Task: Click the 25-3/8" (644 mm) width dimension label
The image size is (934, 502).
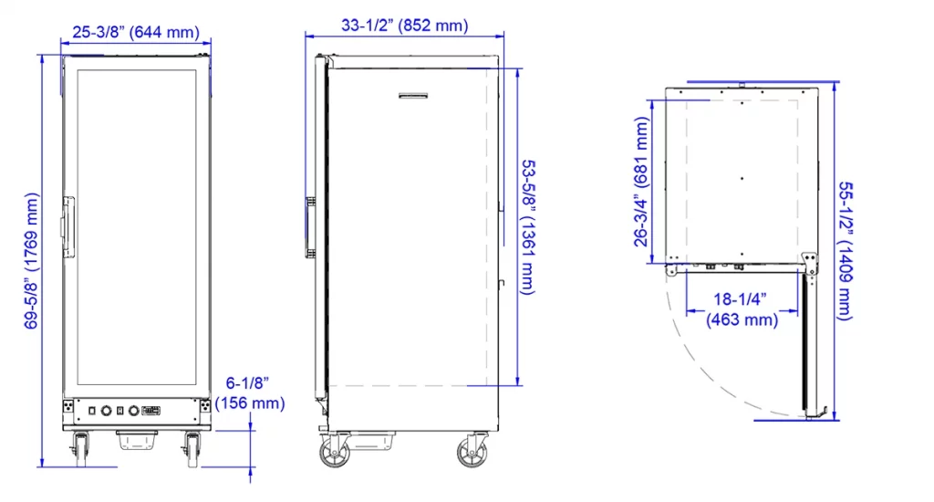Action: pyautogui.click(x=135, y=32)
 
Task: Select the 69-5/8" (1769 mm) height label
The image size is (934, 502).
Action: pyautogui.click(x=34, y=260)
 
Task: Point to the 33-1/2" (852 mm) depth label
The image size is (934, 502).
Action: pyautogui.click(x=404, y=26)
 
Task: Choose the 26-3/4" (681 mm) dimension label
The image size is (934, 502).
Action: pyautogui.click(x=643, y=183)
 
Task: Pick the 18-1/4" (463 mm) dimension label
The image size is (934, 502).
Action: pyautogui.click(x=742, y=309)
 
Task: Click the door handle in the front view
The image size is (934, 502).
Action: pyautogui.click(x=67, y=225)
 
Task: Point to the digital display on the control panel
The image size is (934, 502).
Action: pyautogui.click(x=150, y=411)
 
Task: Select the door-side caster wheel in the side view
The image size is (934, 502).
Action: pyautogui.click(x=334, y=454)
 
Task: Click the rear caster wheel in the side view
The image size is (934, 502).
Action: pyautogui.click(x=472, y=454)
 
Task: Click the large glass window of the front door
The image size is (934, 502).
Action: pyautogui.click(x=137, y=228)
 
